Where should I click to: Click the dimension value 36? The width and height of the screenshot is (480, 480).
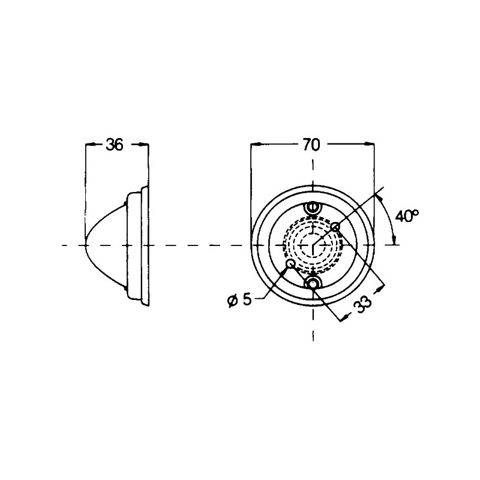tap(115, 145)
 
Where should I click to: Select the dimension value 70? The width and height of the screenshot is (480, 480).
tap(311, 145)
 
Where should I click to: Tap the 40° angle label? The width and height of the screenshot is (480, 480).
tap(407, 216)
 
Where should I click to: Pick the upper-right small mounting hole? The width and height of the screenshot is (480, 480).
tap(335, 227)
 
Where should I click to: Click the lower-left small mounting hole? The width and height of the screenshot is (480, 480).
tap(290, 263)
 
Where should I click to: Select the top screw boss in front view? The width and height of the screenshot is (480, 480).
tap(312, 208)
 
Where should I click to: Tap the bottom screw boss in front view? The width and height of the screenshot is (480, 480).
tap(313, 283)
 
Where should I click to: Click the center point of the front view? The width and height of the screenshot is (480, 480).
tap(313, 245)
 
